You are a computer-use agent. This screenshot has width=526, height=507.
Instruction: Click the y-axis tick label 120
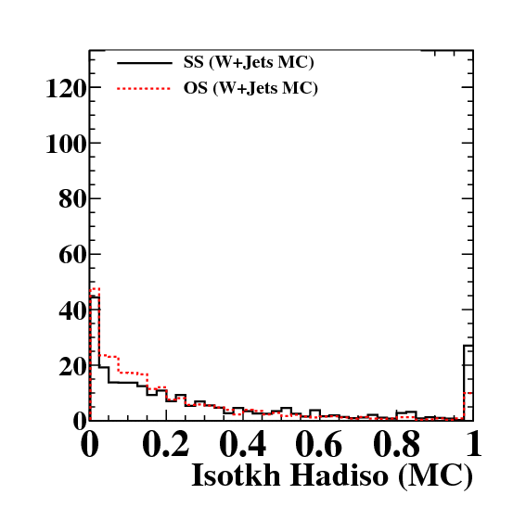pyautogui.click(x=66, y=88)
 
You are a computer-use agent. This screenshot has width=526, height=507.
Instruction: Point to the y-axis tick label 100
pyautogui.click(x=66, y=145)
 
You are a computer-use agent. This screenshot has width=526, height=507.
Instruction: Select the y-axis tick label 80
pyautogui.click(x=72, y=199)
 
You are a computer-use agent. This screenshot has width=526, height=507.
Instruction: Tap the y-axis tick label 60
pyautogui.click(x=72, y=255)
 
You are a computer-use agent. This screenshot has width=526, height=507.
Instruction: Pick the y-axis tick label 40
pyautogui.click(x=72, y=311)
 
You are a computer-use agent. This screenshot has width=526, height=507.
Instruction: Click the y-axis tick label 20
pyautogui.click(x=72, y=367)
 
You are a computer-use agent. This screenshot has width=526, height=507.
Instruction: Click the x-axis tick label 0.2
pyautogui.click(x=166, y=445)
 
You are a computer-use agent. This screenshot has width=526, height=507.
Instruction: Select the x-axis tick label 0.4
pyautogui.click(x=243, y=445)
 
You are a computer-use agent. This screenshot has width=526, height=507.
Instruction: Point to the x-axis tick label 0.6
pyautogui.click(x=319, y=445)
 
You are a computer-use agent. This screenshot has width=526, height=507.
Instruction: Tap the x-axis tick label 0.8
pyautogui.click(x=396, y=445)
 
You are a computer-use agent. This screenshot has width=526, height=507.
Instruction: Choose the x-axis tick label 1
pyautogui.click(x=474, y=444)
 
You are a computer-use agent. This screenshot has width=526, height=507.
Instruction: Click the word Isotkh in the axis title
pyautogui.click(x=236, y=475)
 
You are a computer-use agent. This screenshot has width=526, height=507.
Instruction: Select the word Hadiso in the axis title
pyautogui.click(x=340, y=475)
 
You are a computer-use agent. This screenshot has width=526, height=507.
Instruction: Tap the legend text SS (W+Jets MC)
pyautogui.click(x=249, y=62)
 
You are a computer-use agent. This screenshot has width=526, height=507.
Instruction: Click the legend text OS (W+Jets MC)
pyautogui.click(x=250, y=88)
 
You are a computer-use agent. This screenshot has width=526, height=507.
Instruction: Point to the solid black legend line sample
pyautogui.click(x=144, y=63)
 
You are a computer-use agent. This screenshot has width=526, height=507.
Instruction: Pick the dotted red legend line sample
pyautogui.click(x=144, y=88)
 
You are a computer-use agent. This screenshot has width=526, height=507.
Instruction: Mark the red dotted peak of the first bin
pyautogui.click(x=95, y=288)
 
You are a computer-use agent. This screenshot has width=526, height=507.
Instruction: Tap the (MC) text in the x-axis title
pyautogui.click(x=435, y=476)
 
